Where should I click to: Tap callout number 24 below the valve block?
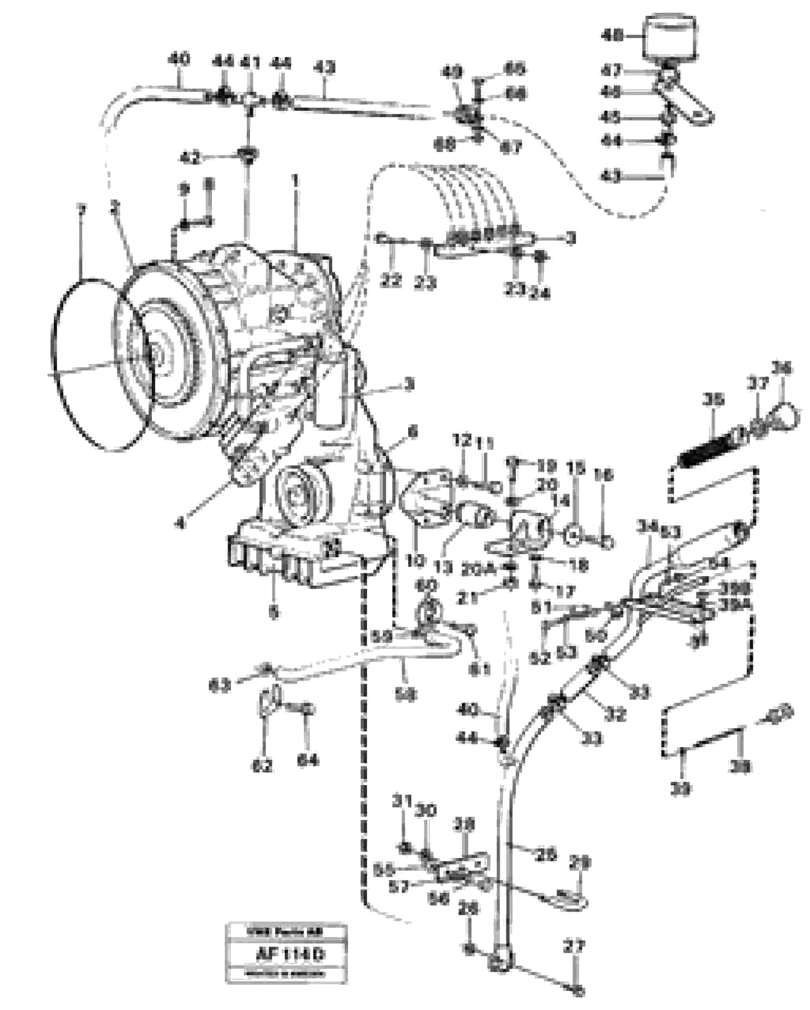(541, 294)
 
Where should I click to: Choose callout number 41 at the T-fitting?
(249, 62)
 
